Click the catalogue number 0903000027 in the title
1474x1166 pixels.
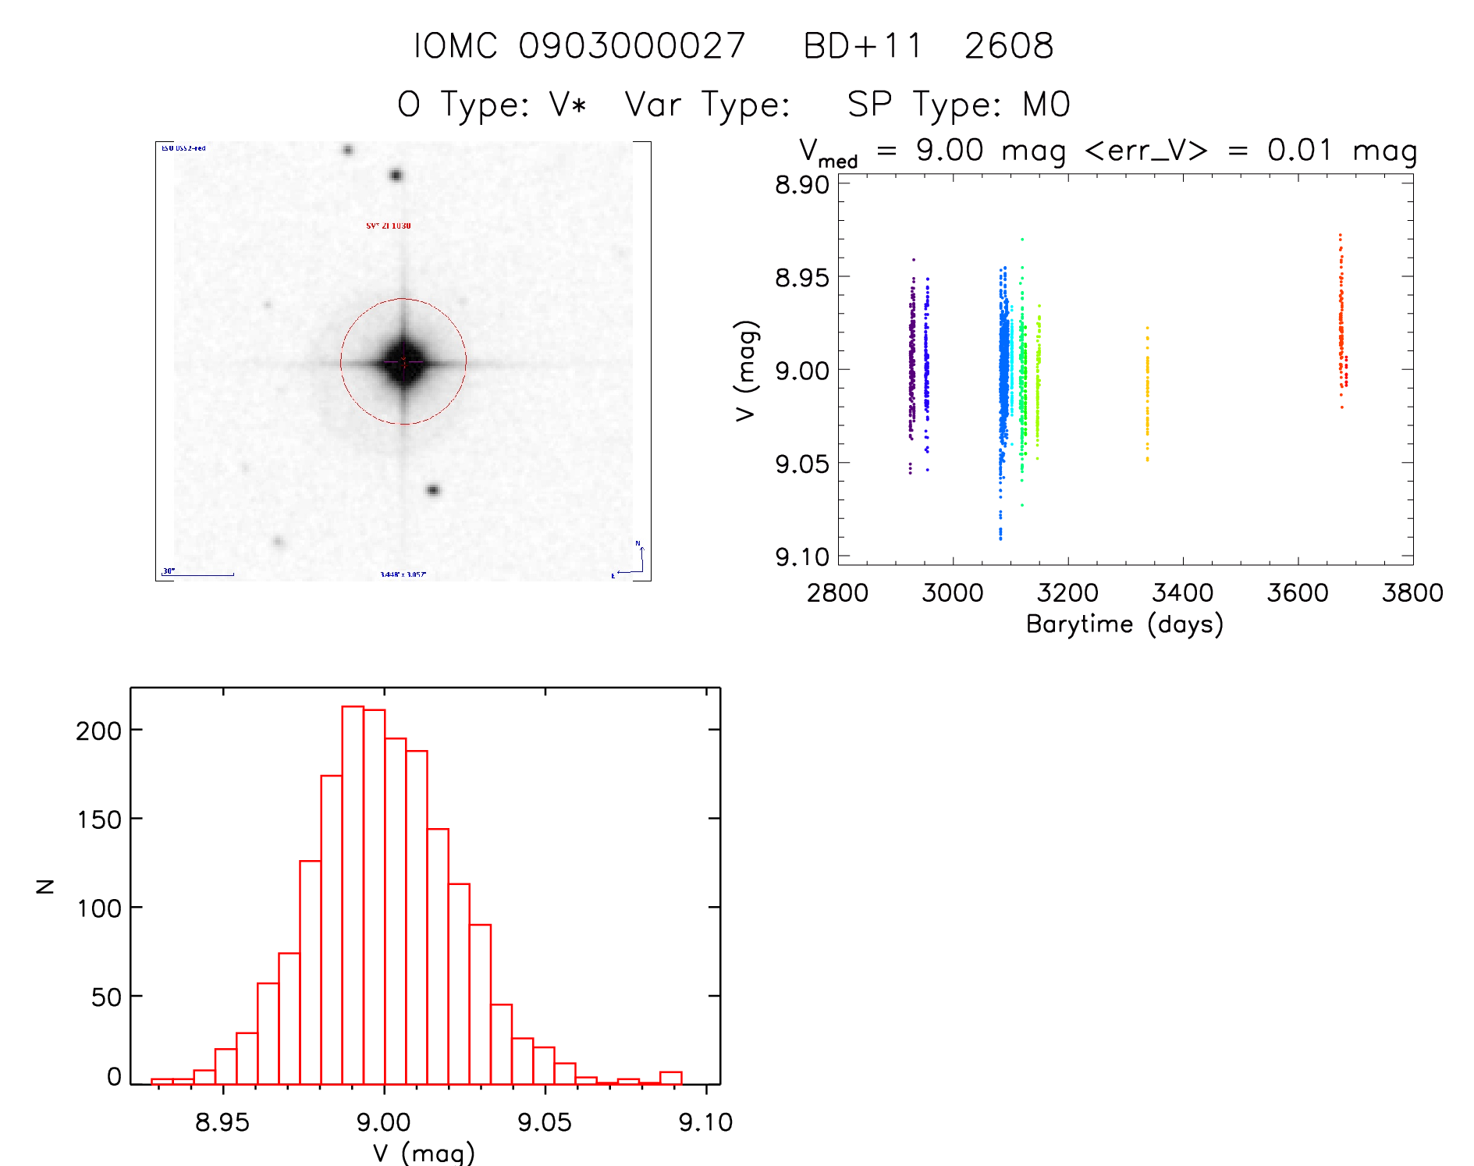pyautogui.click(x=632, y=46)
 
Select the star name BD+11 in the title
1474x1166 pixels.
pyautogui.click(x=862, y=46)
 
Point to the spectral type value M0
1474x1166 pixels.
pyautogui.click(x=1046, y=105)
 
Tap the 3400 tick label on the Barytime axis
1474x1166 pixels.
pyautogui.click(x=1182, y=593)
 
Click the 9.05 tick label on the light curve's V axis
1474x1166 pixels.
pyautogui.click(x=801, y=464)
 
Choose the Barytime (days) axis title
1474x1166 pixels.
pyautogui.click(x=1124, y=624)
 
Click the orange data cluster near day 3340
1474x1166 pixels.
pyautogui.click(x=1147, y=394)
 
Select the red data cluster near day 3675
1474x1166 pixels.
pyautogui.click(x=1341, y=328)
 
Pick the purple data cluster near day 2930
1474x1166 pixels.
pyautogui.click(x=911, y=359)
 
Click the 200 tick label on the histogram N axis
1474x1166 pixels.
pyautogui.click(x=98, y=731)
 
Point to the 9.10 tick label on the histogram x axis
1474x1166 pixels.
pyautogui.click(x=705, y=1122)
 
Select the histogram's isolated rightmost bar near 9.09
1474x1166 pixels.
pyautogui.click(x=671, y=1078)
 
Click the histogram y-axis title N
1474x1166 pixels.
pyautogui.click(x=45, y=886)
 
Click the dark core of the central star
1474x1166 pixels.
pyautogui.click(x=403, y=362)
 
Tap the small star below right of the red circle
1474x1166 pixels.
pyautogui.click(x=433, y=490)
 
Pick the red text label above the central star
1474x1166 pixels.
pyautogui.click(x=389, y=226)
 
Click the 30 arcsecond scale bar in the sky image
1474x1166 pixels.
pyautogui.click(x=200, y=574)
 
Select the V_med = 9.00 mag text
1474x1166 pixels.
pyautogui.click(x=932, y=151)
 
